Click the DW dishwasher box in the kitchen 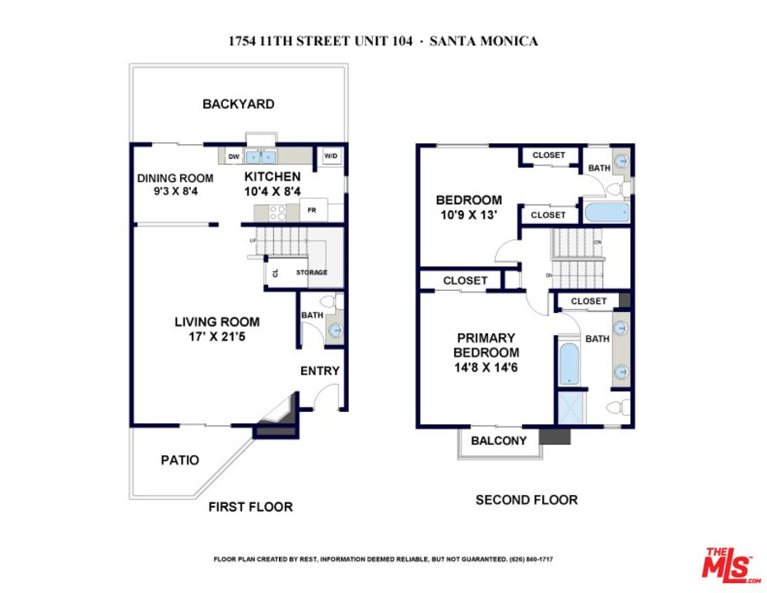(234, 156)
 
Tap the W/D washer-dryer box (331, 156)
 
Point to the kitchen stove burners (278, 212)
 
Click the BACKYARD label (239, 105)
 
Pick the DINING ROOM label (175, 178)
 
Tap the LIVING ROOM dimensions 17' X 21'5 (216, 337)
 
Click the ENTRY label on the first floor (319, 371)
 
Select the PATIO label (179, 460)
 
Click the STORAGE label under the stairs (312, 273)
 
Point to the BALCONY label (499, 441)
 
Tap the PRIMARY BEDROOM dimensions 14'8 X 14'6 (486, 368)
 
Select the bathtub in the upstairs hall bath (606, 212)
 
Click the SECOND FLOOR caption (527, 500)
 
